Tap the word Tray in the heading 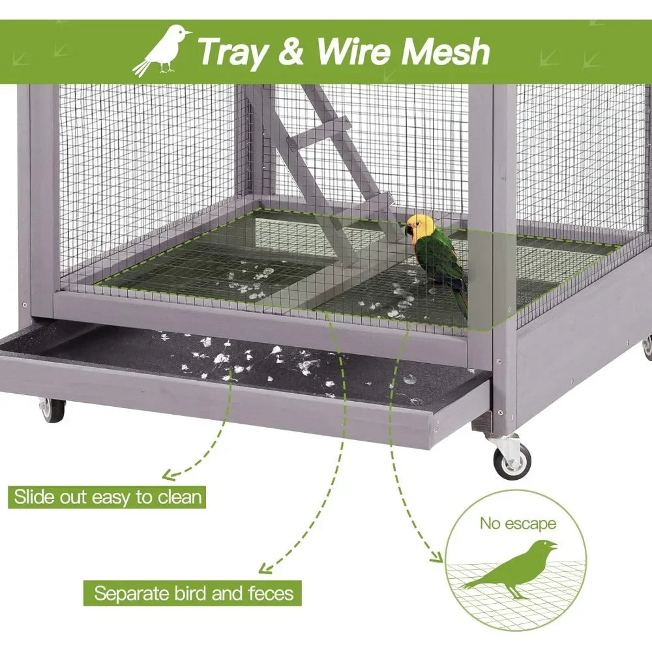(233, 52)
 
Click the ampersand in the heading (291, 51)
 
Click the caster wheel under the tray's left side (52, 410)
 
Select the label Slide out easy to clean (108, 497)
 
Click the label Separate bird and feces (193, 593)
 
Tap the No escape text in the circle (518, 524)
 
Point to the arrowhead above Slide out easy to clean (170, 475)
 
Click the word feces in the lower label (271, 593)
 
